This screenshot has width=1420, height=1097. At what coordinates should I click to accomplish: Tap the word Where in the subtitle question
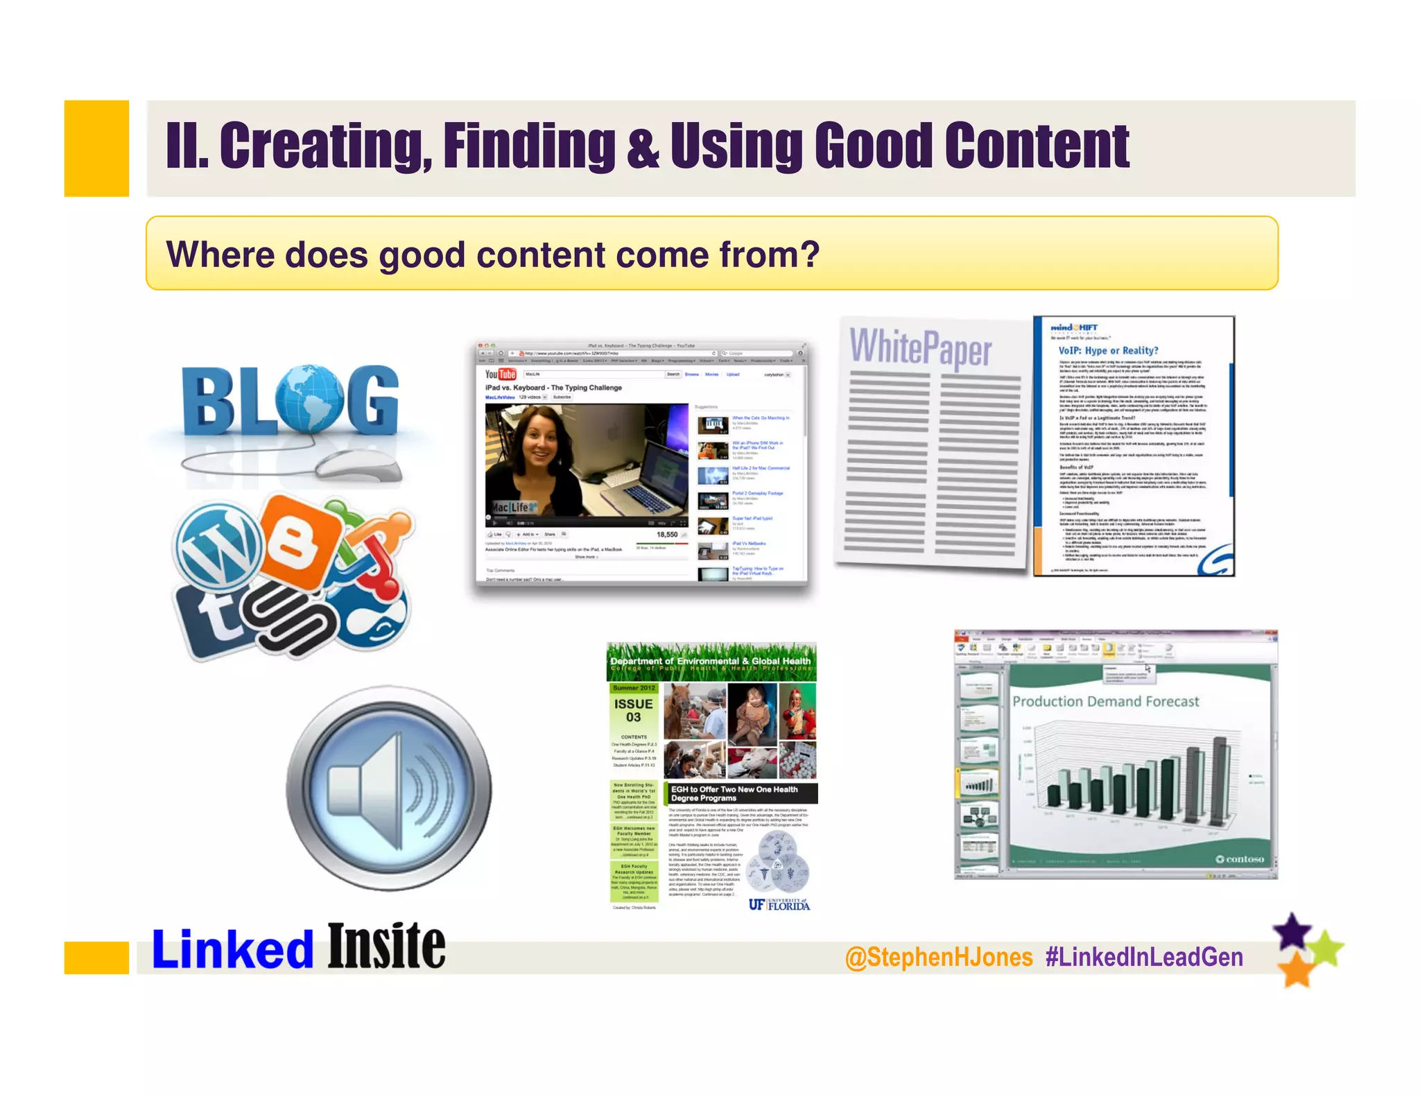(x=220, y=254)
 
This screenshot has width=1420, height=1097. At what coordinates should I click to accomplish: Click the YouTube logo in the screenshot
(x=500, y=374)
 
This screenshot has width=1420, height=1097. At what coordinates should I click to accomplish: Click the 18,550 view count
(x=666, y=535)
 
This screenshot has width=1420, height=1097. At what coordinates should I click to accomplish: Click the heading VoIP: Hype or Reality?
(x=1107, y=351)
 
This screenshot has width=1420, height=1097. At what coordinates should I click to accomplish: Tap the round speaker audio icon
(x=388, y=788)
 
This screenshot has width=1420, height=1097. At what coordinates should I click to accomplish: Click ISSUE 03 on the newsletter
(x=633, y=710)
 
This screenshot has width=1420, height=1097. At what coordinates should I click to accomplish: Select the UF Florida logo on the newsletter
(x=779, y=904)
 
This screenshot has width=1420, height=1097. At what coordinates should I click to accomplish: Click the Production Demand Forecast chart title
(x=1105, y=702)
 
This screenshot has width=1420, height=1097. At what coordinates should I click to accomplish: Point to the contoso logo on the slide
(x=1240, y=859)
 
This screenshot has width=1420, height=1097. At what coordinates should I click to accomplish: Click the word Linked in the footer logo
(x=232, y=949)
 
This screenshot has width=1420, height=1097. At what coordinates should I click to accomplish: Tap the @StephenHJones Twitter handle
(x=939, y=958)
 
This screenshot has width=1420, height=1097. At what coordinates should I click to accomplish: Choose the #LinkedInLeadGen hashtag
(x=1144, y=958)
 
